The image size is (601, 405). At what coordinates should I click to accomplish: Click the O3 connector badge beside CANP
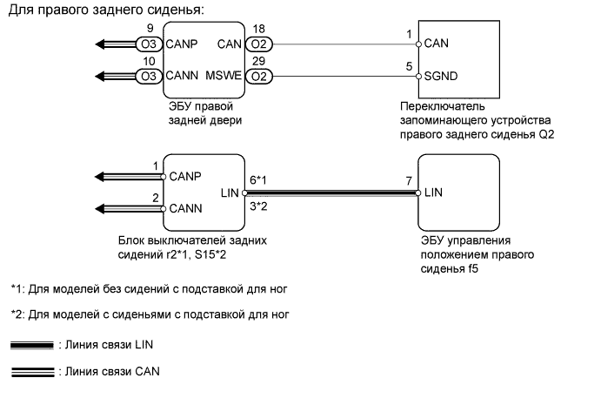point(148,43)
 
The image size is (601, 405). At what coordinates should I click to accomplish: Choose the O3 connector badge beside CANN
point(148,77)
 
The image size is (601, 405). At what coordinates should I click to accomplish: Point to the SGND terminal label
point(441,77)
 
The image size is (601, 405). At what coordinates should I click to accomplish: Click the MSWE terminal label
point(222,77)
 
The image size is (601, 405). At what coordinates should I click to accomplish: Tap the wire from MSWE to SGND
point(339,77)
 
